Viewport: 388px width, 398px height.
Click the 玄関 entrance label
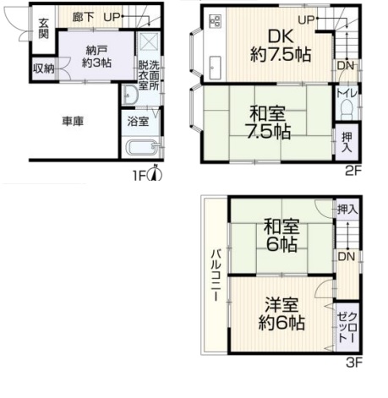click(x=44, y=29)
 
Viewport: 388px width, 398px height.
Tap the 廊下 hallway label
click(x=83, y=17)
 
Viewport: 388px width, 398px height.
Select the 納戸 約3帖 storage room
click(x=96, y=56)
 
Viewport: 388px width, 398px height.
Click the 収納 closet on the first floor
click(x=44, y=68)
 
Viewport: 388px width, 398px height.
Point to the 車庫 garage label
click(x=73, y=122)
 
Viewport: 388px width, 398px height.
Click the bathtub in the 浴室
click(x=142, y=147)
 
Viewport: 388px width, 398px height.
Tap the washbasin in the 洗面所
click(x=129, y=95)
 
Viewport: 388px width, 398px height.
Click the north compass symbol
click(x=155, y=172)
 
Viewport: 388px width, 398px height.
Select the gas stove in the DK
click(x=216, y=21)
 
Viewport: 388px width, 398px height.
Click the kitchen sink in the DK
click(x=216, y=68)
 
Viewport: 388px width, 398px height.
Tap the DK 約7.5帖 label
click(x=281, y=46)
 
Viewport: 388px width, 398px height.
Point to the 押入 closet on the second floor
click(x=347, y=142)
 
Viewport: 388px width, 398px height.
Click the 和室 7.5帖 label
click(x=269, y=123)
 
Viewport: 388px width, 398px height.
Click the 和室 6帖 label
click(x=281, y=236)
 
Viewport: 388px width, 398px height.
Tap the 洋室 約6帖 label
click(x=281, y=313)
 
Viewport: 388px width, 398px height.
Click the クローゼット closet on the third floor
click(x=347, y=327)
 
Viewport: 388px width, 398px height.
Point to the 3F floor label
click(x=353, y=363)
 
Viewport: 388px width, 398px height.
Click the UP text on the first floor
click(x=112, y=17)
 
